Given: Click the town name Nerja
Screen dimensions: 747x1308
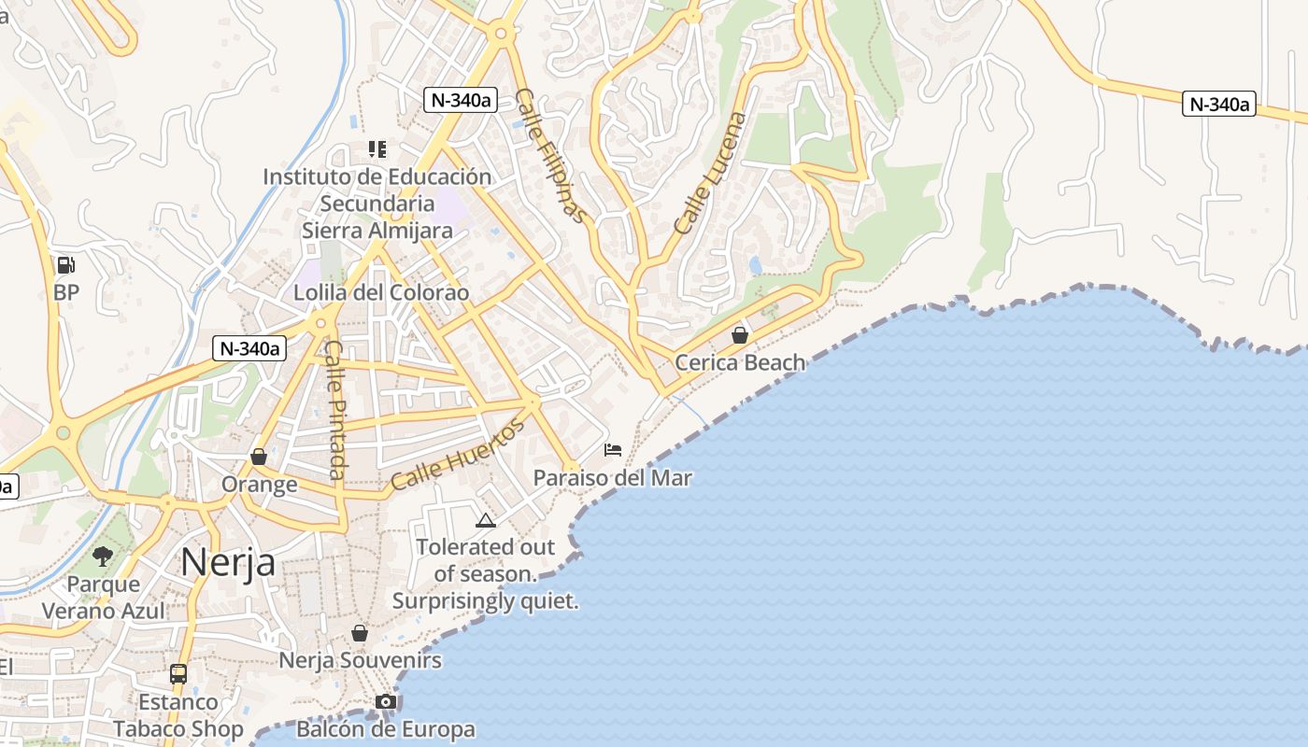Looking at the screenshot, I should click(x=228, y=562).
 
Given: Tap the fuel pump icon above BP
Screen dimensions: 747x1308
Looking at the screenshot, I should click(x=65, y=265).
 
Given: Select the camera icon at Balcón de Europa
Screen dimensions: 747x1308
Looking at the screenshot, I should click(x=386, y=701).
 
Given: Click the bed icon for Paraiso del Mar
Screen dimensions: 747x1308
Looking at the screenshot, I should click(x=613, y=450).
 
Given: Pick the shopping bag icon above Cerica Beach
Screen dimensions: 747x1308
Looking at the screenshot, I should click(x=740, y=335).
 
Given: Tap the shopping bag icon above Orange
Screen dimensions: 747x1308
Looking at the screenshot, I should click(x=259, y=457).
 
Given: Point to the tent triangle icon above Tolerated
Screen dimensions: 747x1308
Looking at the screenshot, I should click(x=485, y=520).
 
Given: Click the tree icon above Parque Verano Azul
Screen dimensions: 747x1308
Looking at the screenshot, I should click(x=103, y=557).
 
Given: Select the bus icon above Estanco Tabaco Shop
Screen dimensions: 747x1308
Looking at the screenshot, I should click(x=178, y=673).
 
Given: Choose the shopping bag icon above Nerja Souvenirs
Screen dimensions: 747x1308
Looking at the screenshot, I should click(x=360, y=633).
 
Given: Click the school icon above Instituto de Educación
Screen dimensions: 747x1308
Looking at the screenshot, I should click(x=377, y=149).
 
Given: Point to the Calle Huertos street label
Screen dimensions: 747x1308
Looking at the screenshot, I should click(x=458, y=456).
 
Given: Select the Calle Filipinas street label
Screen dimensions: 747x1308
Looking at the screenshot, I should click(x=553, y=156).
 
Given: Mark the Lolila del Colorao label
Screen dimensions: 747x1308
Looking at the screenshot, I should click(x=381, y=293).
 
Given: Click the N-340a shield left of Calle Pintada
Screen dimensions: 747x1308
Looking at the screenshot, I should click(x=249, y=349).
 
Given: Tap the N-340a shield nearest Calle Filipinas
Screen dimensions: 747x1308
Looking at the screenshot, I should click(x=460, y=100).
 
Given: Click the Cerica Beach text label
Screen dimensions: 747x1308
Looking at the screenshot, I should click(x=740, y=362).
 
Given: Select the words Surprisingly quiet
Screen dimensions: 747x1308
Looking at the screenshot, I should click(x=485, y=601).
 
